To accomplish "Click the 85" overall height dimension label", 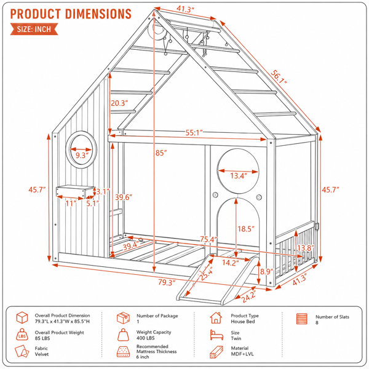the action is pos(161,153).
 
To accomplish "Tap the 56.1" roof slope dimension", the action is pos(279,77).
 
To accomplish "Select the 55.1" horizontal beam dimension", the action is pos(194,133).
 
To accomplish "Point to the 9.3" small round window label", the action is pos(81,156).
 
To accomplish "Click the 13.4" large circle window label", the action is pos(239,175).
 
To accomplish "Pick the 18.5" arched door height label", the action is pos(246,229).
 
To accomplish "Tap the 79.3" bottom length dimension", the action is pos(167,282).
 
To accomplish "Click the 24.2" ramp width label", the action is pos(248,296).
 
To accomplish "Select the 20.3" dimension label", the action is pos(119,103).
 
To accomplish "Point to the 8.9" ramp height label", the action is pos(266,272).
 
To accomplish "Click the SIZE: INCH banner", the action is pos(34,29).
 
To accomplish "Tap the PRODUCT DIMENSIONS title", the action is pos(71,14).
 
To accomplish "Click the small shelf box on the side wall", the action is pos(75,191).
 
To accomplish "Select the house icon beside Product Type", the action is pos(216,318).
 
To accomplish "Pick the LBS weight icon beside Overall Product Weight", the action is pos(22,335).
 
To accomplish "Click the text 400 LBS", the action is pos(145,338).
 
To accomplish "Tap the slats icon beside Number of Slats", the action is pos(302,319).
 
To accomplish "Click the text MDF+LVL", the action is pos(242,354).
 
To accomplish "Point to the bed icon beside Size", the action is pos(216,335).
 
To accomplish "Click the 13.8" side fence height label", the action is pos(305,248).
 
